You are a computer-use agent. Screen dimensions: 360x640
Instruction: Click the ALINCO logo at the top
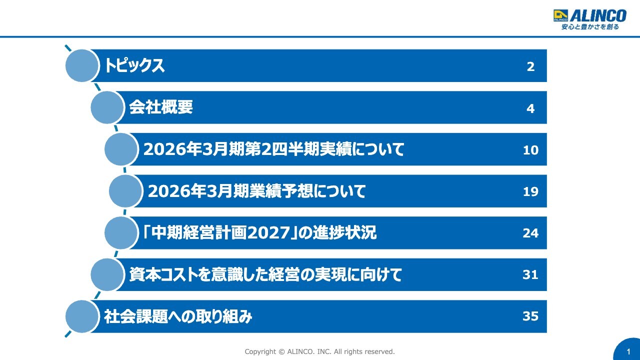tap(589, 19)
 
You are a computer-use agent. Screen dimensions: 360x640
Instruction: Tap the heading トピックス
tap(134, 65)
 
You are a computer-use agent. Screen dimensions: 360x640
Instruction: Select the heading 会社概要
tap(160, 107)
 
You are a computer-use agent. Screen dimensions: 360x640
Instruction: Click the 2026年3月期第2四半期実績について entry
tap(273, 149)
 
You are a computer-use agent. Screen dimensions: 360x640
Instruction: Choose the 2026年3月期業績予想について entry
tap(256, 191)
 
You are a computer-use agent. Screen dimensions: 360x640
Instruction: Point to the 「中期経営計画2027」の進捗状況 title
tap(259, 233)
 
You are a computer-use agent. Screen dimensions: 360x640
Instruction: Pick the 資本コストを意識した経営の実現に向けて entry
tap(265, 274)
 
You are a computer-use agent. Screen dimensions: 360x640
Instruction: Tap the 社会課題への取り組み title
tap(178, 316)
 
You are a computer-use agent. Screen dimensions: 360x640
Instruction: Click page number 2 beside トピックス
tap(530, 66)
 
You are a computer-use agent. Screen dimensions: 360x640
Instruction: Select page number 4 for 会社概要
tap(530, 108)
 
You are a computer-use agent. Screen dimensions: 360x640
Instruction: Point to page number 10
tap(530, 150)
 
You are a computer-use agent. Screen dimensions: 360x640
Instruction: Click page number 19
tap(530, 191)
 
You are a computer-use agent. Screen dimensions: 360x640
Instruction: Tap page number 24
tap(530, 233)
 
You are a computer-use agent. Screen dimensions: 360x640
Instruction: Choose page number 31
tap(530, 275)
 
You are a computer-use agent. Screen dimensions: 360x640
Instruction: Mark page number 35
tap(530, 316)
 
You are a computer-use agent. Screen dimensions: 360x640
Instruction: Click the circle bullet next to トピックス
tap(82, 65)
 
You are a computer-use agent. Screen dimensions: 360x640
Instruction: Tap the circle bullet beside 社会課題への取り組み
tap(82, 316)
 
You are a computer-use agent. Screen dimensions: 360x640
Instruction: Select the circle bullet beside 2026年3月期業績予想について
tap(125, 191)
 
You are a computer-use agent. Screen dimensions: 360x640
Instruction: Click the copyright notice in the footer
tap(319, 351)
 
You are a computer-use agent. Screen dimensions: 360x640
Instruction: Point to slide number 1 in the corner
tap(628, 352)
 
